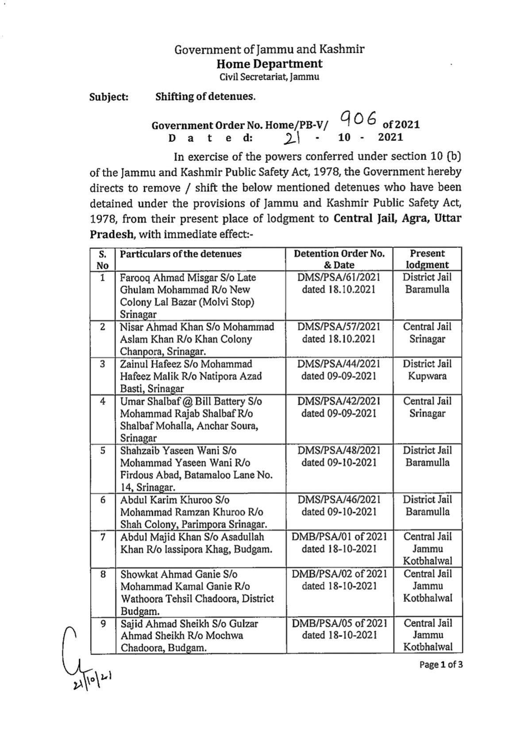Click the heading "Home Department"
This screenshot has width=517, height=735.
[x=269, y=64]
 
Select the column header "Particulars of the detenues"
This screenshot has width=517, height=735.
[x=181, y=254]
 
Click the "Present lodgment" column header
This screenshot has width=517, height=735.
[x=427, y=259]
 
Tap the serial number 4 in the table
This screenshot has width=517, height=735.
[x=103, y=402]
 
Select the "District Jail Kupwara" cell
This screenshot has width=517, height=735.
[x=427, y=370]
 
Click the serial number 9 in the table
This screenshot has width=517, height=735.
[x=103, y=623]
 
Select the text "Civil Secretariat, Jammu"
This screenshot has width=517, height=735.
[x=269, y=77]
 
